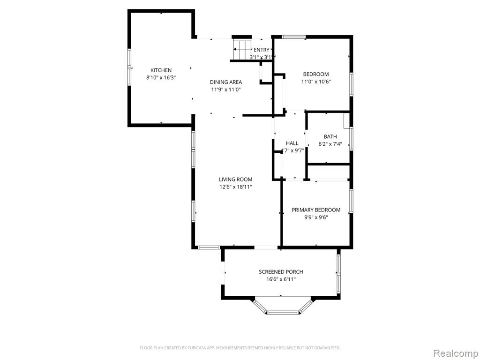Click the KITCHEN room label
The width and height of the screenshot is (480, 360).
161,70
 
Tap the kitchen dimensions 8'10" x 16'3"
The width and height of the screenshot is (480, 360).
161,78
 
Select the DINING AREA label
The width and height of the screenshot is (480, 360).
225,82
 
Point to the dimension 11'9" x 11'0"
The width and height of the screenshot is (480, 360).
225,90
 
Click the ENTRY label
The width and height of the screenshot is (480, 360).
262,50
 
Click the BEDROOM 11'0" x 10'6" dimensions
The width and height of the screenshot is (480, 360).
316,82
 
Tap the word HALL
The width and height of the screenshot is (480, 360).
292,143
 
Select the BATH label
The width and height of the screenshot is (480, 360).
330,136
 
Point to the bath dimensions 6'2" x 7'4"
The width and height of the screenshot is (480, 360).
330,144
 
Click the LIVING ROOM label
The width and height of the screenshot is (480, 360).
235,180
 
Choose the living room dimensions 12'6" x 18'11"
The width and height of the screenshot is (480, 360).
235,187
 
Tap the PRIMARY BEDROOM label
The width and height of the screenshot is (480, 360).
316,210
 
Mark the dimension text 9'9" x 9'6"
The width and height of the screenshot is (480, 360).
316,217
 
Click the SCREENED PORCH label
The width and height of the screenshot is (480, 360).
281,271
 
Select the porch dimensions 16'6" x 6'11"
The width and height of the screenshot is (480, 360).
281,279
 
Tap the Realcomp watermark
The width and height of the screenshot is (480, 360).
455,353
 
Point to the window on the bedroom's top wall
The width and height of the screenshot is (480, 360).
293,37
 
